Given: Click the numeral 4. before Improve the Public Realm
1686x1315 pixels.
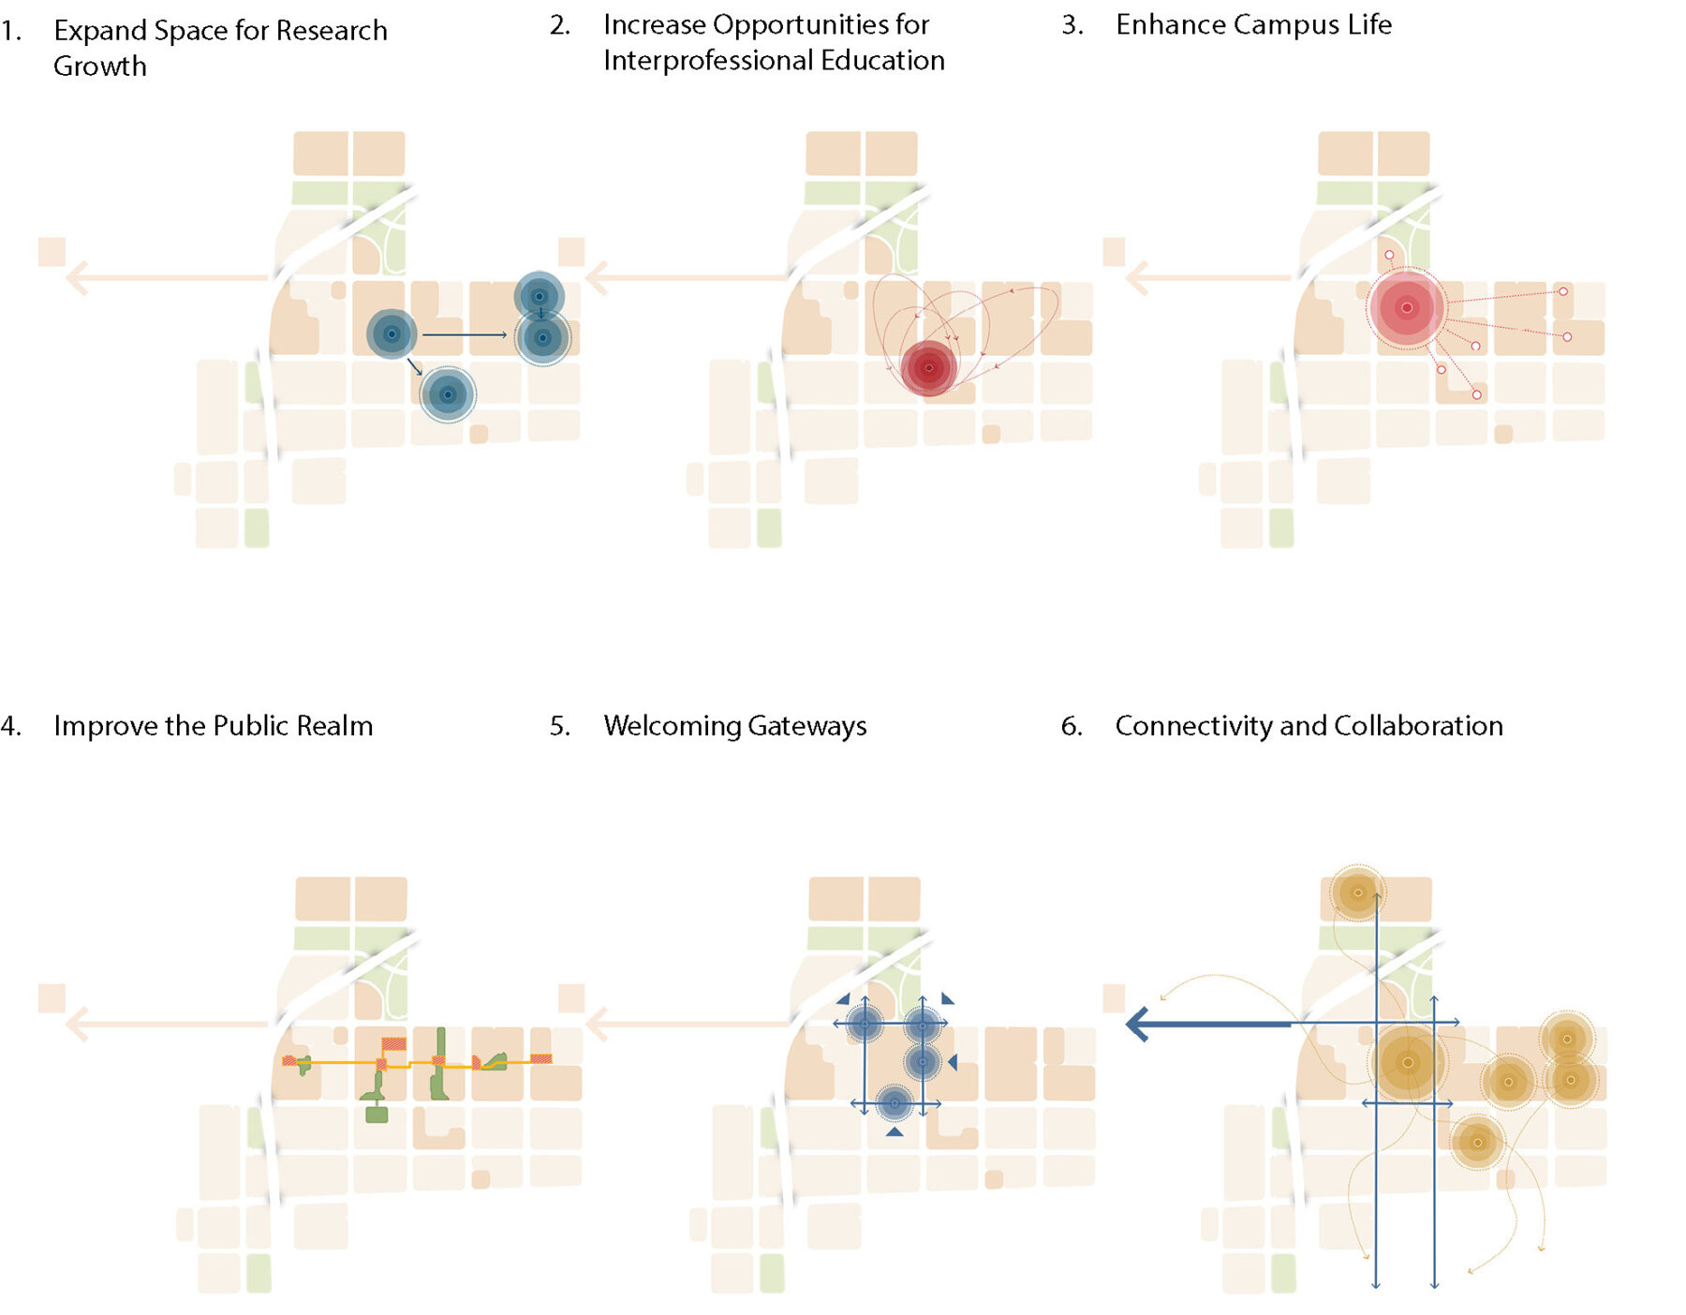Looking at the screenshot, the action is point(11,727).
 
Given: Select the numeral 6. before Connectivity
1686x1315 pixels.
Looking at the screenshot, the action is point(1072,727).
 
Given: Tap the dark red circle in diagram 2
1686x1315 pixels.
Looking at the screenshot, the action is point(929,368).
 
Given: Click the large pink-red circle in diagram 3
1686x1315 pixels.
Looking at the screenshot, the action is point(1407,307).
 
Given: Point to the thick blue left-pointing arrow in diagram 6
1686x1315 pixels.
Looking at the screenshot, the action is point(1208,1024).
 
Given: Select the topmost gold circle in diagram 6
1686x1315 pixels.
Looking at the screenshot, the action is point(1357,893).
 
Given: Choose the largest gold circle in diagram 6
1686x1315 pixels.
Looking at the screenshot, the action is point(1407,1062).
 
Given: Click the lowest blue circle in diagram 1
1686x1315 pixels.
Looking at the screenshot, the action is point(448,394).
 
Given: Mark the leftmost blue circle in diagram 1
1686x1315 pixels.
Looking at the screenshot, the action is point(392,334).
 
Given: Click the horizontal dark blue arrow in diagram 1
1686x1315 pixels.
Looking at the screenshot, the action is point(465,334).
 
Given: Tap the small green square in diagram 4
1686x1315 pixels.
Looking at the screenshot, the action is point(377,1115).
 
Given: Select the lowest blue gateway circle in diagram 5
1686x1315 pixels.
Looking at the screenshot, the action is point(895,1103).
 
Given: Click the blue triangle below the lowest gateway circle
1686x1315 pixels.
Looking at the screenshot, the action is point(895,1132).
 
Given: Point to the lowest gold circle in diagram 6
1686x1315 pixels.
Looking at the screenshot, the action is point(1477,1143).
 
